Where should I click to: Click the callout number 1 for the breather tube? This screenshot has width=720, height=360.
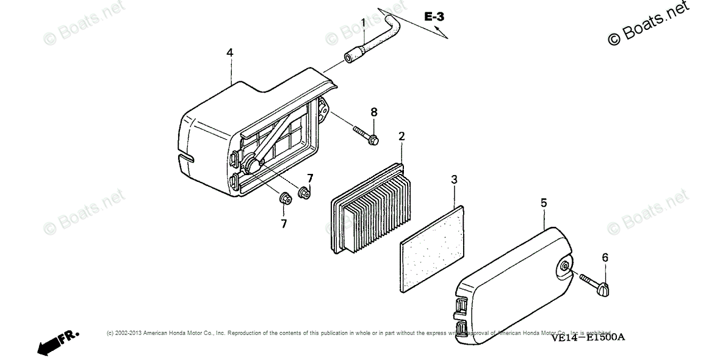[363, 23]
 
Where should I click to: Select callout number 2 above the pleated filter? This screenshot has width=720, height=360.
[401, 136]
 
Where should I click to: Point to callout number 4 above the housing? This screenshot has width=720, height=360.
[229, 53]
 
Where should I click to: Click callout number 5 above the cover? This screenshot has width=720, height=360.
[544, 202]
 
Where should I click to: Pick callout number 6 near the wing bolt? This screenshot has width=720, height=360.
[605, 257]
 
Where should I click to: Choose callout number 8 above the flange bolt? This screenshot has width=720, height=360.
[374, 112]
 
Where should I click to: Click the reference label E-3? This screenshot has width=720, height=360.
[434, 16]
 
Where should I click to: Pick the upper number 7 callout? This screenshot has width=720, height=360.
[310, 178]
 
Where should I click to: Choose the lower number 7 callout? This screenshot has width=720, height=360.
[284, 224]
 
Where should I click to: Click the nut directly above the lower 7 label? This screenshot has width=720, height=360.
[284, 198]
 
